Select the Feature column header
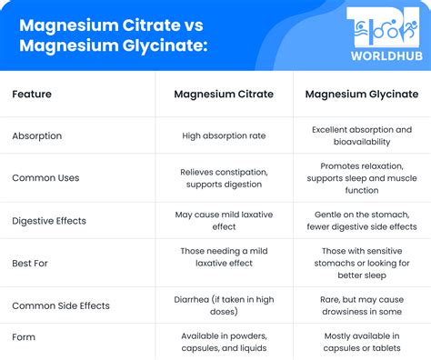[32, 94]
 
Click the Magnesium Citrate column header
[224, 94]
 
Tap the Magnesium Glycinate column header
[362, 94]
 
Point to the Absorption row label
[37, 135]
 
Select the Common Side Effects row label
[61, 305]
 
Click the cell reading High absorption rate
[224, 135]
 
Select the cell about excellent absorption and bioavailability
[362, 135]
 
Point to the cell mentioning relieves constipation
[224, 177]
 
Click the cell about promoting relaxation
[362, 177]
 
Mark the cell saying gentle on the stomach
[362, 221]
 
